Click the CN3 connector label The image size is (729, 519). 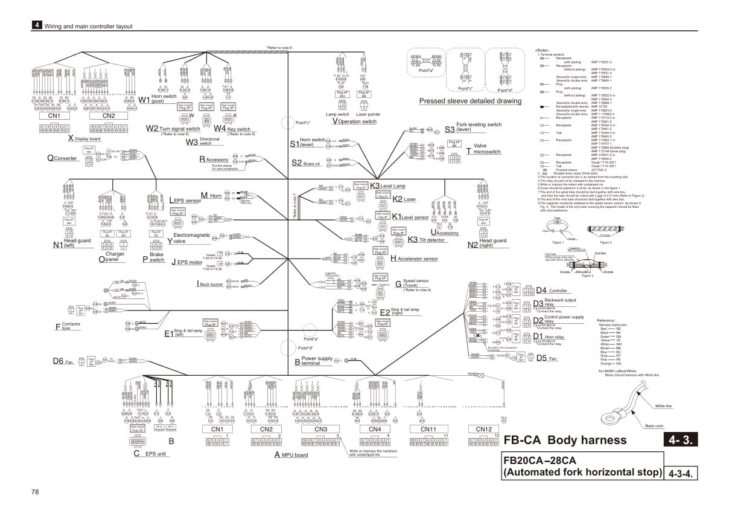point(320,429)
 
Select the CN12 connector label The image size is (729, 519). point(483,429)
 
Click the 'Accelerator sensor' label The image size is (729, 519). point(416,259)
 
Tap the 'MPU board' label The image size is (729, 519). point(293,454)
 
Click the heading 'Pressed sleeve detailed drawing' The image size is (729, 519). point(470,101)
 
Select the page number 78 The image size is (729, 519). point(35,492)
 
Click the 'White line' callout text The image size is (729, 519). point(663,406)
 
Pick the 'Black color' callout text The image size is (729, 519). point(655,426)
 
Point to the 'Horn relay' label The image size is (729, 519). point(553,337)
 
